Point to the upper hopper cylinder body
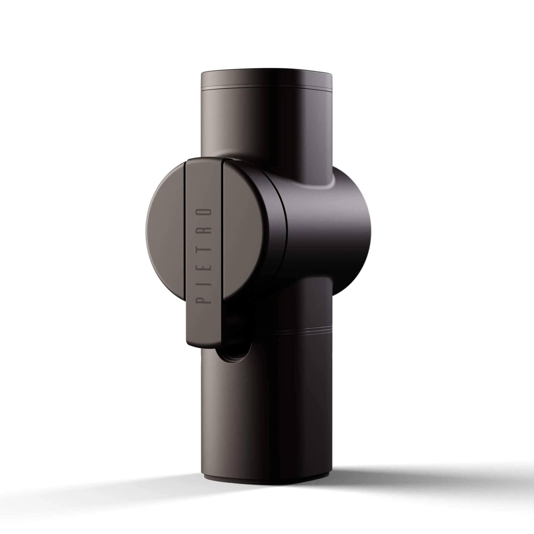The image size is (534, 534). tap(266, 124)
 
